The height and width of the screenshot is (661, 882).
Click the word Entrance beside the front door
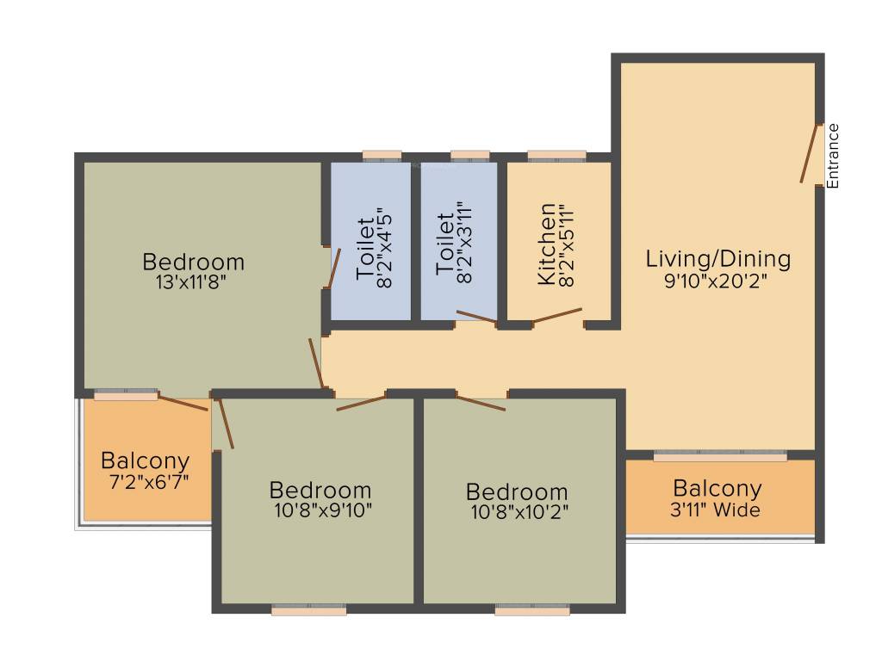pyautogui.click(x=832, y=156)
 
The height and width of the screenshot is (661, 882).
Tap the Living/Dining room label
pyautogui.click(x=717, y=258)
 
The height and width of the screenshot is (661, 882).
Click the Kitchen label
pyautogui.click(x=546, y=244)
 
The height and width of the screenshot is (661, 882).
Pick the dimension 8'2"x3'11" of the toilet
pyautogui.click(x=466, y=245)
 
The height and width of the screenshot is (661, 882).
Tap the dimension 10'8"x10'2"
pyautogui.click(x=517, y=511)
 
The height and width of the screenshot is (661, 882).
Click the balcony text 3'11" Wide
pyautogui.click(x=717, y=510)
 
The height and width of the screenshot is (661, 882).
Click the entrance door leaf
pyautogui.click(x=809, y=155)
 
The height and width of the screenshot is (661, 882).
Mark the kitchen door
pyautogui.click(x=556, y=316)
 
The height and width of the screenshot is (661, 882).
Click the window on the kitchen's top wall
pyautogui.click(x=556, y=156)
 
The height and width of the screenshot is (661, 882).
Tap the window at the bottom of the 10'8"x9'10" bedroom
pyautogui.click(x=309, y=610)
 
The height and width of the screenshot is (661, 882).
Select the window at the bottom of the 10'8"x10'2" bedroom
pyautogui.click(x=532, y=610)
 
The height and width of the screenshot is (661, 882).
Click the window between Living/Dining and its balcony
pyautogui.click(x=720, y=456)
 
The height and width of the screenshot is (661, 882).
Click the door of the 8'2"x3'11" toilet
pyautogui.click(x=476, y=317)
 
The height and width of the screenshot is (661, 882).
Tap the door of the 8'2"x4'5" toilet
pyautogui.click(x=334, y=269)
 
